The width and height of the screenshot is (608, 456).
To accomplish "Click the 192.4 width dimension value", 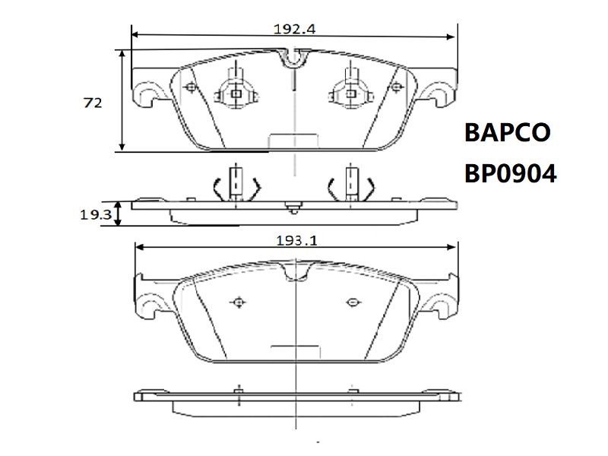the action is coord(295,29).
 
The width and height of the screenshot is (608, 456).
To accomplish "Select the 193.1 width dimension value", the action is coord(296,241).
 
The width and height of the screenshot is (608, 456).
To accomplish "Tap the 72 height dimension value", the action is coord(93,103).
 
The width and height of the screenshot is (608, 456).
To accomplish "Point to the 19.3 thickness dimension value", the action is coord(96,214).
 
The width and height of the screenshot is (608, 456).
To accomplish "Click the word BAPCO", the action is coord(507,132).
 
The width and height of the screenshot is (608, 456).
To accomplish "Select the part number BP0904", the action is coord(510,173).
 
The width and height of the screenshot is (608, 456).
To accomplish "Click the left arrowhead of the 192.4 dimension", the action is coord(135,35).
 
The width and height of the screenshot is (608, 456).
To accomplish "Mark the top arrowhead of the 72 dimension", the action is coord(122,54).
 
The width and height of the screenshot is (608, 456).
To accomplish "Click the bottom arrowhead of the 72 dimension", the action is coord(122,147).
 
